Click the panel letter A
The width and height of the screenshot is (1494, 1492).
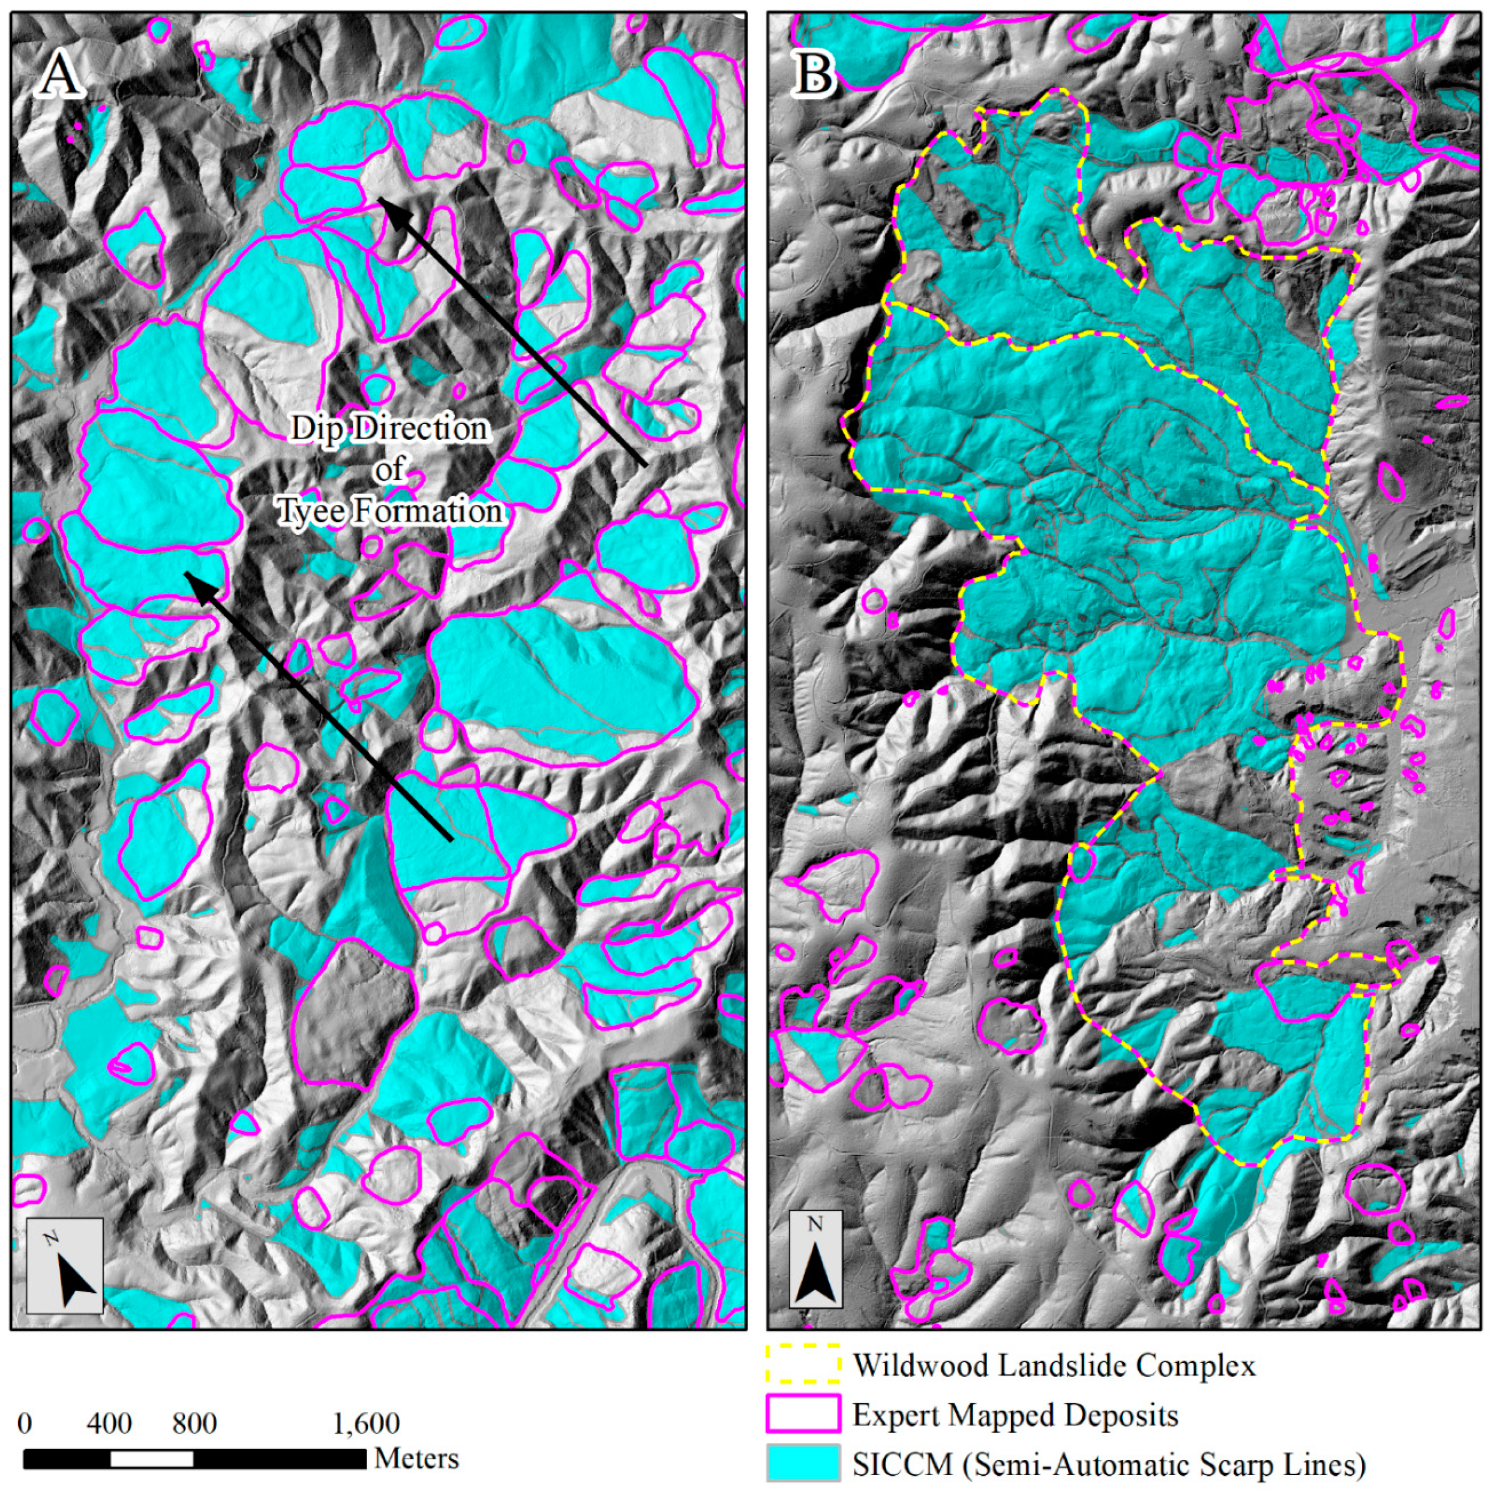pos(59,75)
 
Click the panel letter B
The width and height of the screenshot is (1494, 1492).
pos(815,75)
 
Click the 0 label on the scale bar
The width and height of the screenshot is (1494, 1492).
pos(25,1422)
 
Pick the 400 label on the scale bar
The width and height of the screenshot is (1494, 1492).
pos(109,1422)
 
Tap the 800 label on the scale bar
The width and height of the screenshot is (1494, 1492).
pos(194,1422)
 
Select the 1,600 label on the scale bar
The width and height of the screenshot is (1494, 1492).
pos(366,1422)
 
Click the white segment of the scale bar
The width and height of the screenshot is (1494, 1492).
pos(152,1459)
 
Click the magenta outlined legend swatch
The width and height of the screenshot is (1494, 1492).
pos(803,1414)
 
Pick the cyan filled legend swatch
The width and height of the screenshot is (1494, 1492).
pos(803,1463)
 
